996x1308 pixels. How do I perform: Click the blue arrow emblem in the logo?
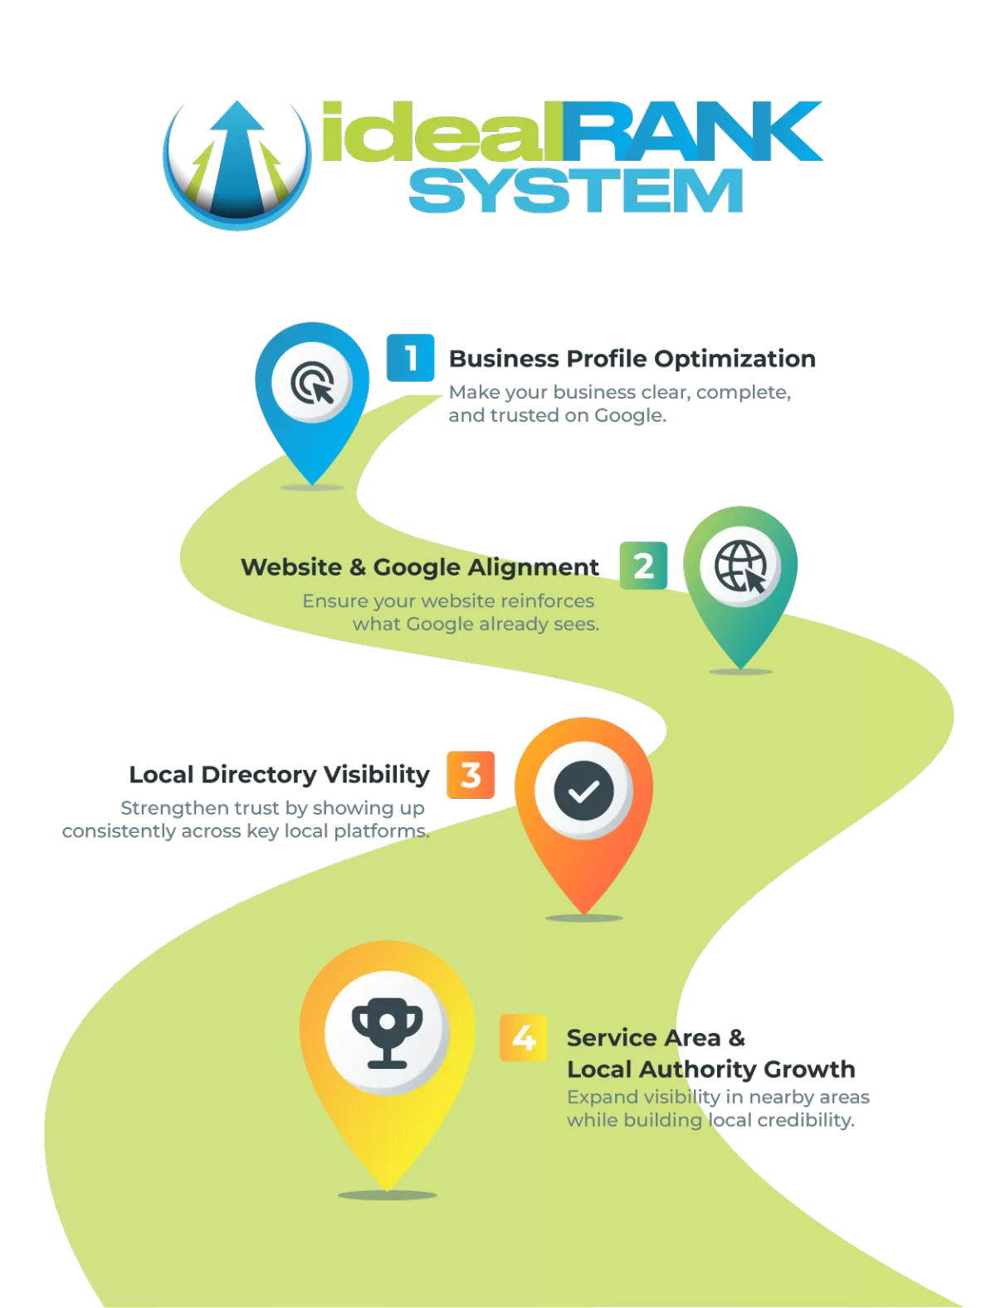click(237, 164)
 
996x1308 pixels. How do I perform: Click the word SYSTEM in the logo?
click(575, 192)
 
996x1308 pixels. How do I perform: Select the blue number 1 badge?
click(411, 358)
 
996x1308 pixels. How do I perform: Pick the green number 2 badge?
click(643, 566)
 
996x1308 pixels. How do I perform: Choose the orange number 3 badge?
click(471, 775)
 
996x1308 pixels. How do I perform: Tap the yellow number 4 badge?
click(524, 1037)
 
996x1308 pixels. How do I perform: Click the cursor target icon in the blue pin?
click(313, 383)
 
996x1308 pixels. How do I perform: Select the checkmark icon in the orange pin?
click(583, 791)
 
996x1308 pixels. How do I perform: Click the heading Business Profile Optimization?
click(632, 359)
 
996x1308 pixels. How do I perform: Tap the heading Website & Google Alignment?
click(418, 567)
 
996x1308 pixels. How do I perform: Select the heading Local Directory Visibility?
click(279, 775)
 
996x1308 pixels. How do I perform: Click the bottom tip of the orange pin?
click(583, 912)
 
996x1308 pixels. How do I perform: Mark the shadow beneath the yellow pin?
click(387, 1195)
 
